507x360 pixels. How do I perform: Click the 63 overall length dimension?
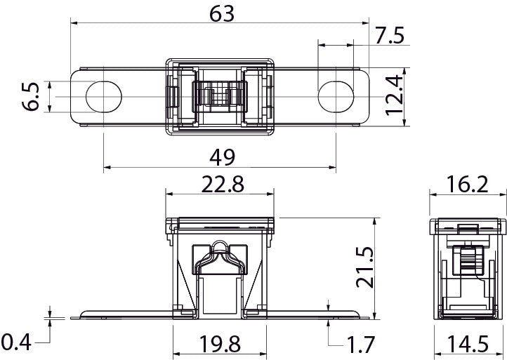pyautogui.click(x=222, y=14)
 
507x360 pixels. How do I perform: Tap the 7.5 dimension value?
pyautogui.click(x=390, y=35)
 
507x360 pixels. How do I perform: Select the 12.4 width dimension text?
pyautogui.click(x=395, y=95)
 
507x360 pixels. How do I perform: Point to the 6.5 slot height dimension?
pyautogui.click(x=31, y=97)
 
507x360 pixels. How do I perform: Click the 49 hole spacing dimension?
pyautogui.click(x=223, y=157)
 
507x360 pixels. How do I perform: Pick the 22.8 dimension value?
pyautogui.click(x=223, y=184)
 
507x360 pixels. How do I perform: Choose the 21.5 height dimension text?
pyautogui.click(x=365, y=267)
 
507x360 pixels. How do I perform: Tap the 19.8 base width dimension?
pyautogui.click(x=220, y=344)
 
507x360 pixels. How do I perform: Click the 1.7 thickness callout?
pyautogui.click(x=360, y=345)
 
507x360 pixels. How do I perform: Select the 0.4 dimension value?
pyautogui.click(x=16, y=342)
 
